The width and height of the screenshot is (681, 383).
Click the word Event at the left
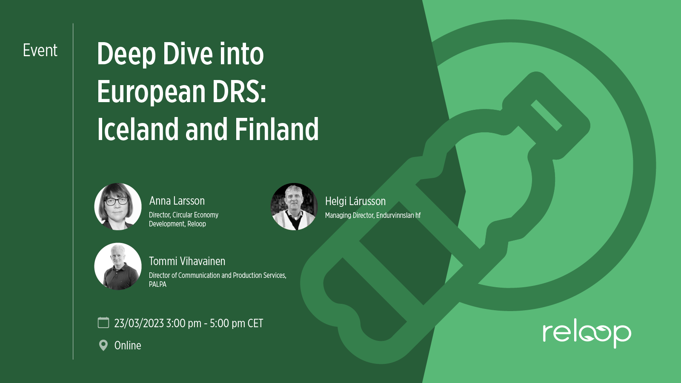point(40,50)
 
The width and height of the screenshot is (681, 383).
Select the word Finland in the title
point(277,129)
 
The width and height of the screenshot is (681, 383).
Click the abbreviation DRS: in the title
point(239,91)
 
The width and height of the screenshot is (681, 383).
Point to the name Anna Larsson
point(177,201)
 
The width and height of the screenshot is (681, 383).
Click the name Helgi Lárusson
point(355,201)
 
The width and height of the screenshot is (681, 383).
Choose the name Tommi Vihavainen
point(187,261)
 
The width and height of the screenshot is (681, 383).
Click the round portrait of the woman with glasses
point(118,206)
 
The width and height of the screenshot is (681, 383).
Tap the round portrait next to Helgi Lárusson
point(294,206)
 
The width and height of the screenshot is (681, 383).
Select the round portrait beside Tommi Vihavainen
point(118,266)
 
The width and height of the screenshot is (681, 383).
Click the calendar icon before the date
point(103,323)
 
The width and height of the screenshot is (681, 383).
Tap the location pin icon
point(103,345)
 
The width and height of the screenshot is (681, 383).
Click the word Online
point(128,346)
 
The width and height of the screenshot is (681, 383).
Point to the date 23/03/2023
point(139,323)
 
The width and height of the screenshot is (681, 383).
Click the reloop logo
point(587,335)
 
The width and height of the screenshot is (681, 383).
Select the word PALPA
point(157,285)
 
